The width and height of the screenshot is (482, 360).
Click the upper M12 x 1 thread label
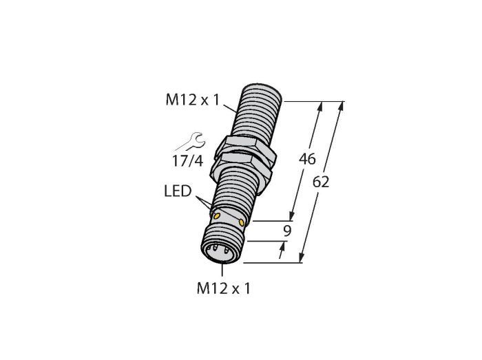193,100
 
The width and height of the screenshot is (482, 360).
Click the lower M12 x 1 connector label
224,288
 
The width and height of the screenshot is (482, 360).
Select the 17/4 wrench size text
187,161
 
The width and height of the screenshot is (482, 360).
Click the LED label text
178,191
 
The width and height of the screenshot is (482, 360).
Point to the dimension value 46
307,159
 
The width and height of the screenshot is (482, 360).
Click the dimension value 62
321,182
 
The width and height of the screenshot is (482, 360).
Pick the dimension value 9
287,231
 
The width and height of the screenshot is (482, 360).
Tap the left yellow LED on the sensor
217,216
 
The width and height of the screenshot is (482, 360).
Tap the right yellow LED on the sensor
242,222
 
